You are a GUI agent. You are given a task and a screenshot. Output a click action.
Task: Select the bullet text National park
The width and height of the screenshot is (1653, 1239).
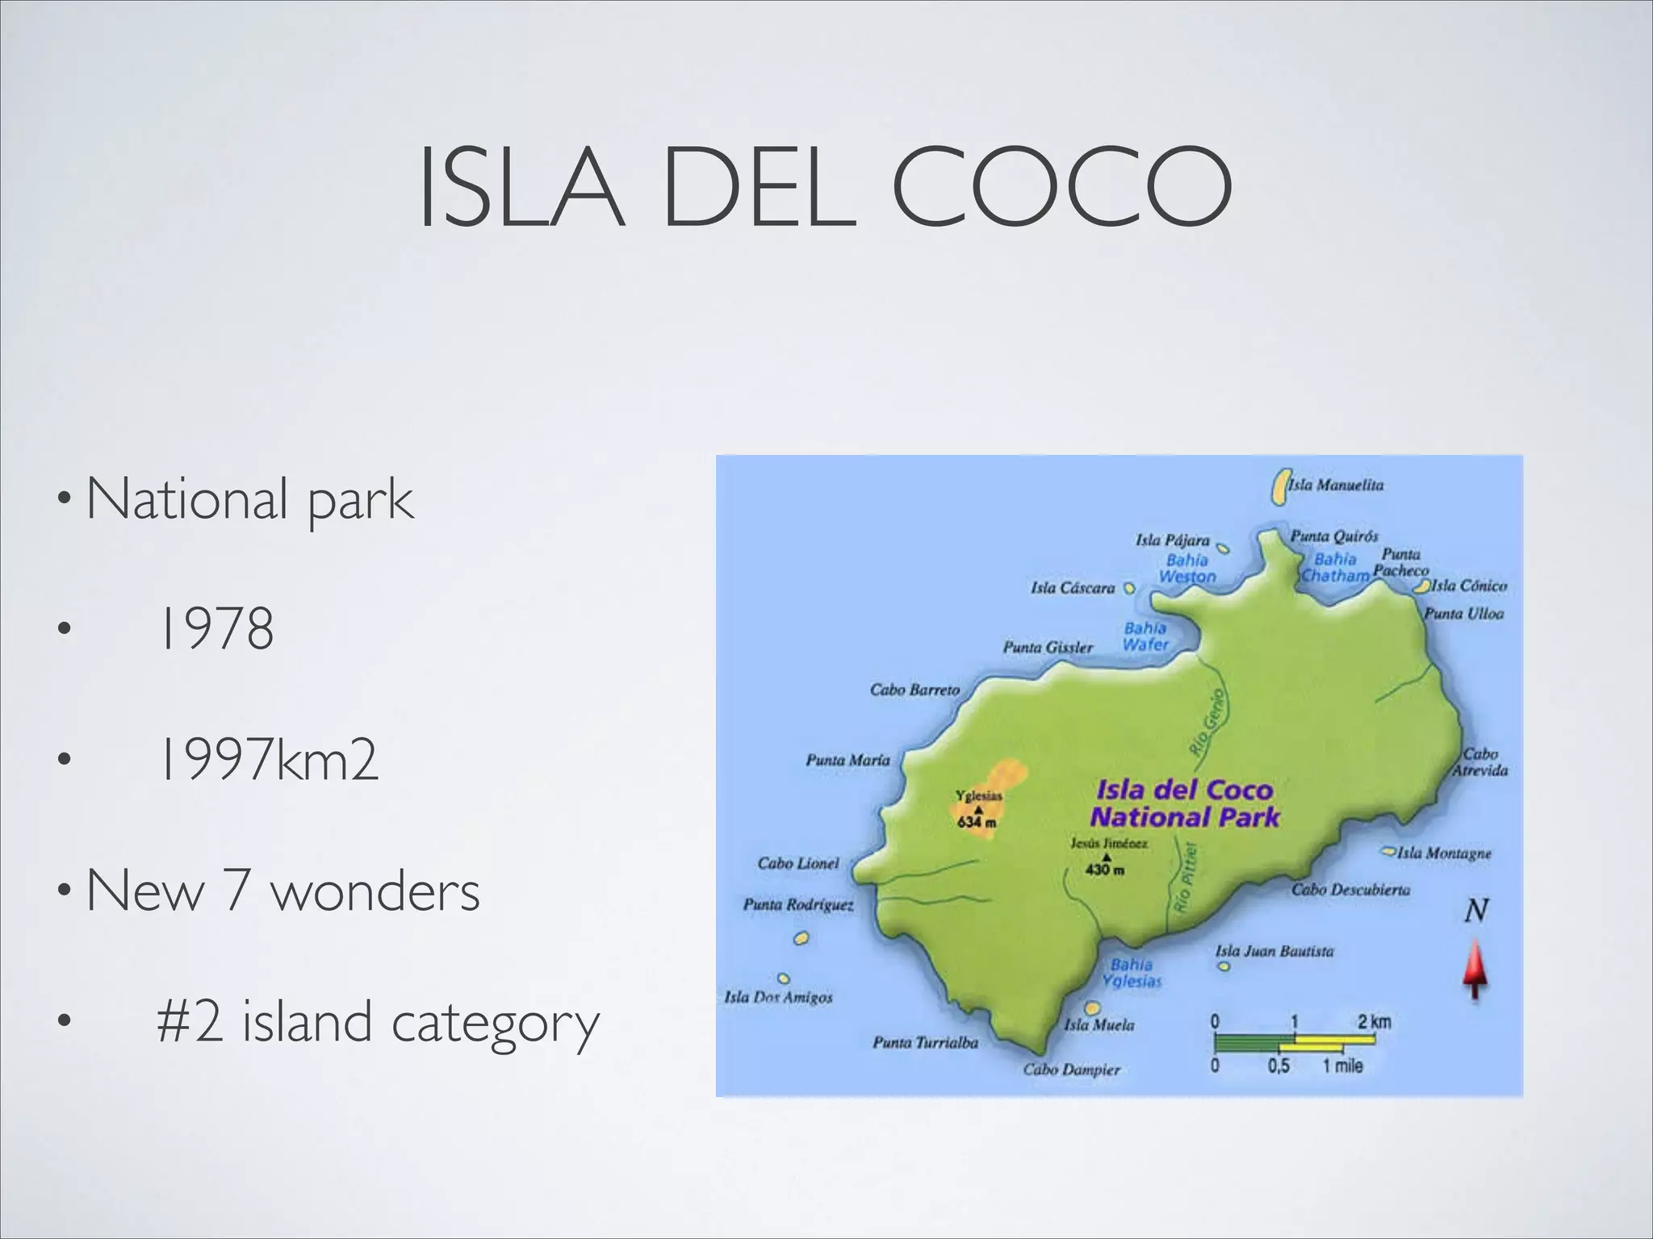tap(249, 500)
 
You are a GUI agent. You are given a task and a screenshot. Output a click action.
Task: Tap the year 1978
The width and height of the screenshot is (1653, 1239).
tap(216, 629)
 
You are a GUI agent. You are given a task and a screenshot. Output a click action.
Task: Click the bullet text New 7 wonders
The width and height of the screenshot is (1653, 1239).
tap(282, 891)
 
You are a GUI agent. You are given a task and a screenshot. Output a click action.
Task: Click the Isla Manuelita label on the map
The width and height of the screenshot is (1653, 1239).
tap(1335, 485)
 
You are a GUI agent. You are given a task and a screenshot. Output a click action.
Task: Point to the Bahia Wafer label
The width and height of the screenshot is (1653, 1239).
tap(1145, 636)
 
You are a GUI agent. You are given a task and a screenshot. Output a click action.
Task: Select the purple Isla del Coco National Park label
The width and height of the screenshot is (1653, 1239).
tap(1184, 803)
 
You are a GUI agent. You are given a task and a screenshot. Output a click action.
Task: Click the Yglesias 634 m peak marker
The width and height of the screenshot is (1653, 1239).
tap(978, 809)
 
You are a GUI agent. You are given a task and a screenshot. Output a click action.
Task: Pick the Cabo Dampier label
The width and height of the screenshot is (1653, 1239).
tap(1071, 1070)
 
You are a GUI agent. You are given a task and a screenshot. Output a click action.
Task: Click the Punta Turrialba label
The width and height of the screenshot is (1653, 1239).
tap(925, 1042)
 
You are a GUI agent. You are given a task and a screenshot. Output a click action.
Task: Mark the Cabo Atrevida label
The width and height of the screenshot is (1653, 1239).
tap(1480, 762)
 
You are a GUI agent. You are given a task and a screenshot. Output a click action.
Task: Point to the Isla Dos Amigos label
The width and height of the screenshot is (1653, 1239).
tap(778, 997)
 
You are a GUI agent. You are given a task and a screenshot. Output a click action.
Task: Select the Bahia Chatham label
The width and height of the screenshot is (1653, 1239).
tap(1335, 568)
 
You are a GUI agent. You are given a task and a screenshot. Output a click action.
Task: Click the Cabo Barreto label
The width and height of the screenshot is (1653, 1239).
tap(914, 690)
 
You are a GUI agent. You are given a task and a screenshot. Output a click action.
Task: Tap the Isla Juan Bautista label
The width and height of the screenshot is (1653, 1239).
tap(1274, 952)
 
